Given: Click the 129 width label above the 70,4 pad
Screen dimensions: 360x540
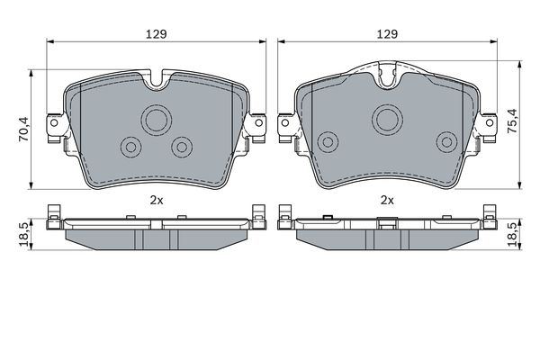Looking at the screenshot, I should click(158, 33).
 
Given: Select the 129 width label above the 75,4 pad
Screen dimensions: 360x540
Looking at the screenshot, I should click(388, 33).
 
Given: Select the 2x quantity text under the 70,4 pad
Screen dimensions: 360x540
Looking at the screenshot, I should click(157, 201).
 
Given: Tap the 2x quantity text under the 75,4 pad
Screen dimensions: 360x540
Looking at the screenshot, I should click(388, 201).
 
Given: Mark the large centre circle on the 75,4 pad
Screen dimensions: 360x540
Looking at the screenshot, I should click(388, 117).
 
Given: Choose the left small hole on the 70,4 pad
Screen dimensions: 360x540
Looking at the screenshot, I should click(130, 146).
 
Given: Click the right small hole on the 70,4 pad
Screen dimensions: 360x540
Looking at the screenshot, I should click(184, 146).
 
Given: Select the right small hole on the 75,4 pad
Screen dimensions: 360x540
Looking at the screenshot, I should click(445, 141).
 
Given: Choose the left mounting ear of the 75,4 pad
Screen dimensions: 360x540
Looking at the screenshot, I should click(286, 126).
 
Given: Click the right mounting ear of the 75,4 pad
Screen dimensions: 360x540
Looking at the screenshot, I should click(490, 126).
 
